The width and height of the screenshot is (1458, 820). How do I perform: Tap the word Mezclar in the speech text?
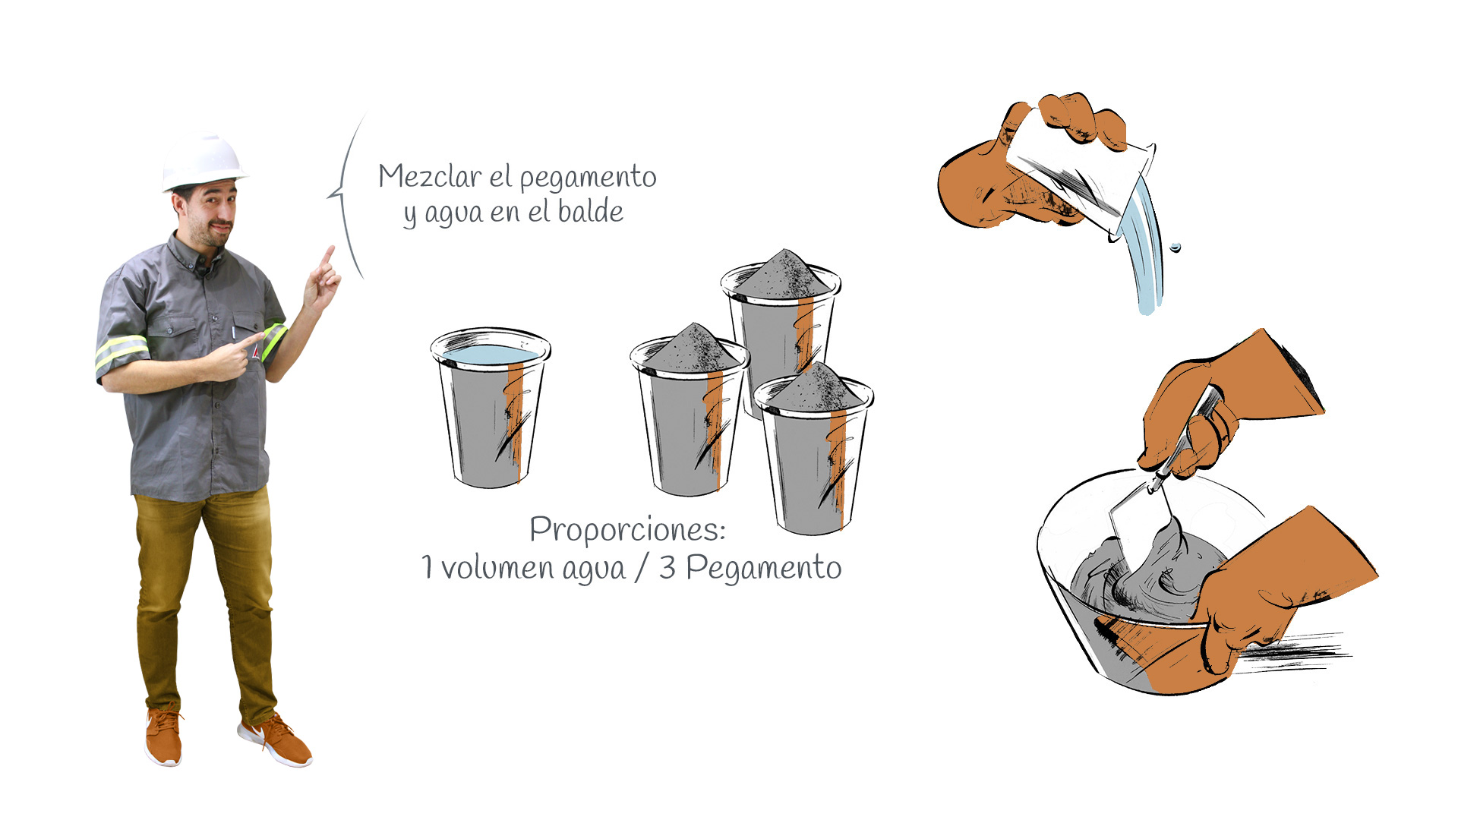430,177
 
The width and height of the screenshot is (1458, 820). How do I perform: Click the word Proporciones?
627,530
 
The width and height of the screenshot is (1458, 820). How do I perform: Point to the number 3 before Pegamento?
667,568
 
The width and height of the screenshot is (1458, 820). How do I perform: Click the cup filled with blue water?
491,408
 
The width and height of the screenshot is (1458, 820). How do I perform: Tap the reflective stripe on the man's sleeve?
121,352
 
